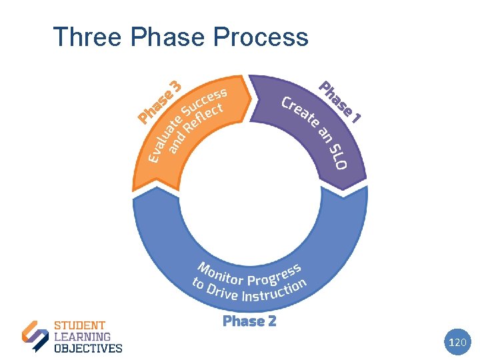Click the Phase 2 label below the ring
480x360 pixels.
249,321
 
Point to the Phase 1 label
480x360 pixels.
340,102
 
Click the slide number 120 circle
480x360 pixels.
457,343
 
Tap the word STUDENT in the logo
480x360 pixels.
79,326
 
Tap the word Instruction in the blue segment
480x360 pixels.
275,291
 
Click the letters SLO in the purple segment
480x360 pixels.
339,155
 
